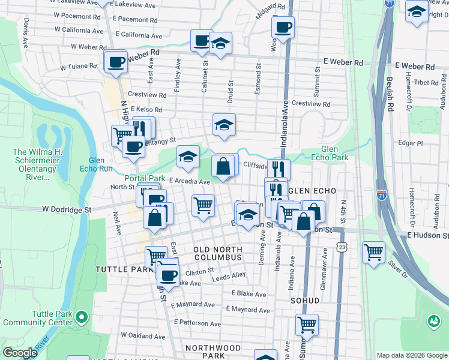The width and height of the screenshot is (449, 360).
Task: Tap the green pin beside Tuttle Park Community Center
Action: [82, 316]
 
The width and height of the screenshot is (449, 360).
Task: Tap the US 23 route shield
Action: [342, 246]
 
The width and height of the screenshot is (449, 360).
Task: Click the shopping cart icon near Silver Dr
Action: [373, 251]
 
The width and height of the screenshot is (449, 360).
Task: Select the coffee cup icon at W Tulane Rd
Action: [116, 61]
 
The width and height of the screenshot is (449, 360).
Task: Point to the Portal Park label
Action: [144, 179]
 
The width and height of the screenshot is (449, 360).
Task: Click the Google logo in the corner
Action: [19, 353]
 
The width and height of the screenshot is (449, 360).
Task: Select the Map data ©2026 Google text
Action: [411, 355]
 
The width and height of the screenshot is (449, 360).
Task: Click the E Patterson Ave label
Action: [197, 322]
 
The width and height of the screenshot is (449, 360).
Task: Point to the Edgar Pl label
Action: [411, 143]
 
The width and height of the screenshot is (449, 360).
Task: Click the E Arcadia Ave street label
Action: [189, 181]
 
